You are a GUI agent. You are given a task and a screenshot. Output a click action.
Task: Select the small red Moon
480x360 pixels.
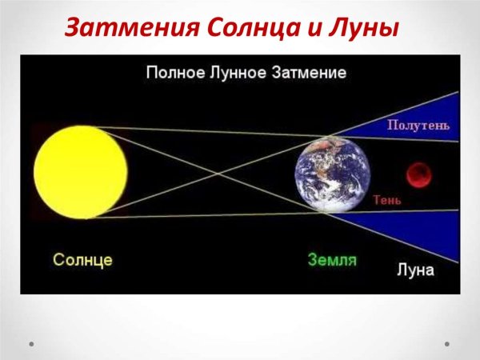(418, 173)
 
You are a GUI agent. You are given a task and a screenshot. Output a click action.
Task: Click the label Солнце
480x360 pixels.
(82, 260)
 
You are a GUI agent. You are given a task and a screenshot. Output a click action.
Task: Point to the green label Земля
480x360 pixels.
(332, 260)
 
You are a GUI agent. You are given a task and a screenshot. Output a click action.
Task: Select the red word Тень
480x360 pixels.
(387, 199)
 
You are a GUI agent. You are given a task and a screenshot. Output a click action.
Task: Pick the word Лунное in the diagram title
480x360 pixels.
(239, 73)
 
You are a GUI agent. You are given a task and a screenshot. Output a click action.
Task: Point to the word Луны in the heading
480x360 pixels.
(361, 29)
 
